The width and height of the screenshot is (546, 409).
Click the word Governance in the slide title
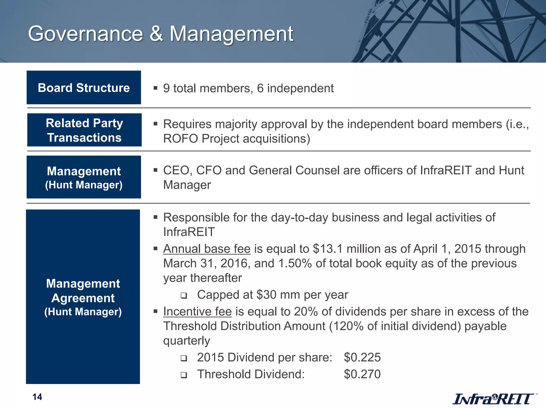(x=85, y=34)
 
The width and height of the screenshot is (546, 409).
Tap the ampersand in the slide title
(x=156, y=34)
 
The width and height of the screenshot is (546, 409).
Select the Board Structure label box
(x=84, y=88)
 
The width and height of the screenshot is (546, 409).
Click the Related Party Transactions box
(x=84, y=130)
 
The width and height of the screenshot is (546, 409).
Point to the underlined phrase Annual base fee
(x=207, y=249)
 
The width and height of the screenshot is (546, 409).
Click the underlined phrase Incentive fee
(x=197, y=312)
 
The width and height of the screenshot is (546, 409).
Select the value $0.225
(x=362, y=357)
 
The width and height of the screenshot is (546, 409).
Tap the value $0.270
(x=362, y=374)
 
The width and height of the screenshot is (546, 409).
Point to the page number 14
(x=37, y=397)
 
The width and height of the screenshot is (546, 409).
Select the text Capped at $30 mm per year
(x=272, y=295)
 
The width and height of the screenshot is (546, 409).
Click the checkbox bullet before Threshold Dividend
(x=183, y=375)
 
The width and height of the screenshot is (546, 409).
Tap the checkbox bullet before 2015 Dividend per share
(x=183, y=358)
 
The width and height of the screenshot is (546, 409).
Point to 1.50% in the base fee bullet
(x=295, y=264)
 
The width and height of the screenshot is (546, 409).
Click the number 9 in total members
(x=166, y=88)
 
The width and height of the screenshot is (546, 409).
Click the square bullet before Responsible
(x=155, y=217)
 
